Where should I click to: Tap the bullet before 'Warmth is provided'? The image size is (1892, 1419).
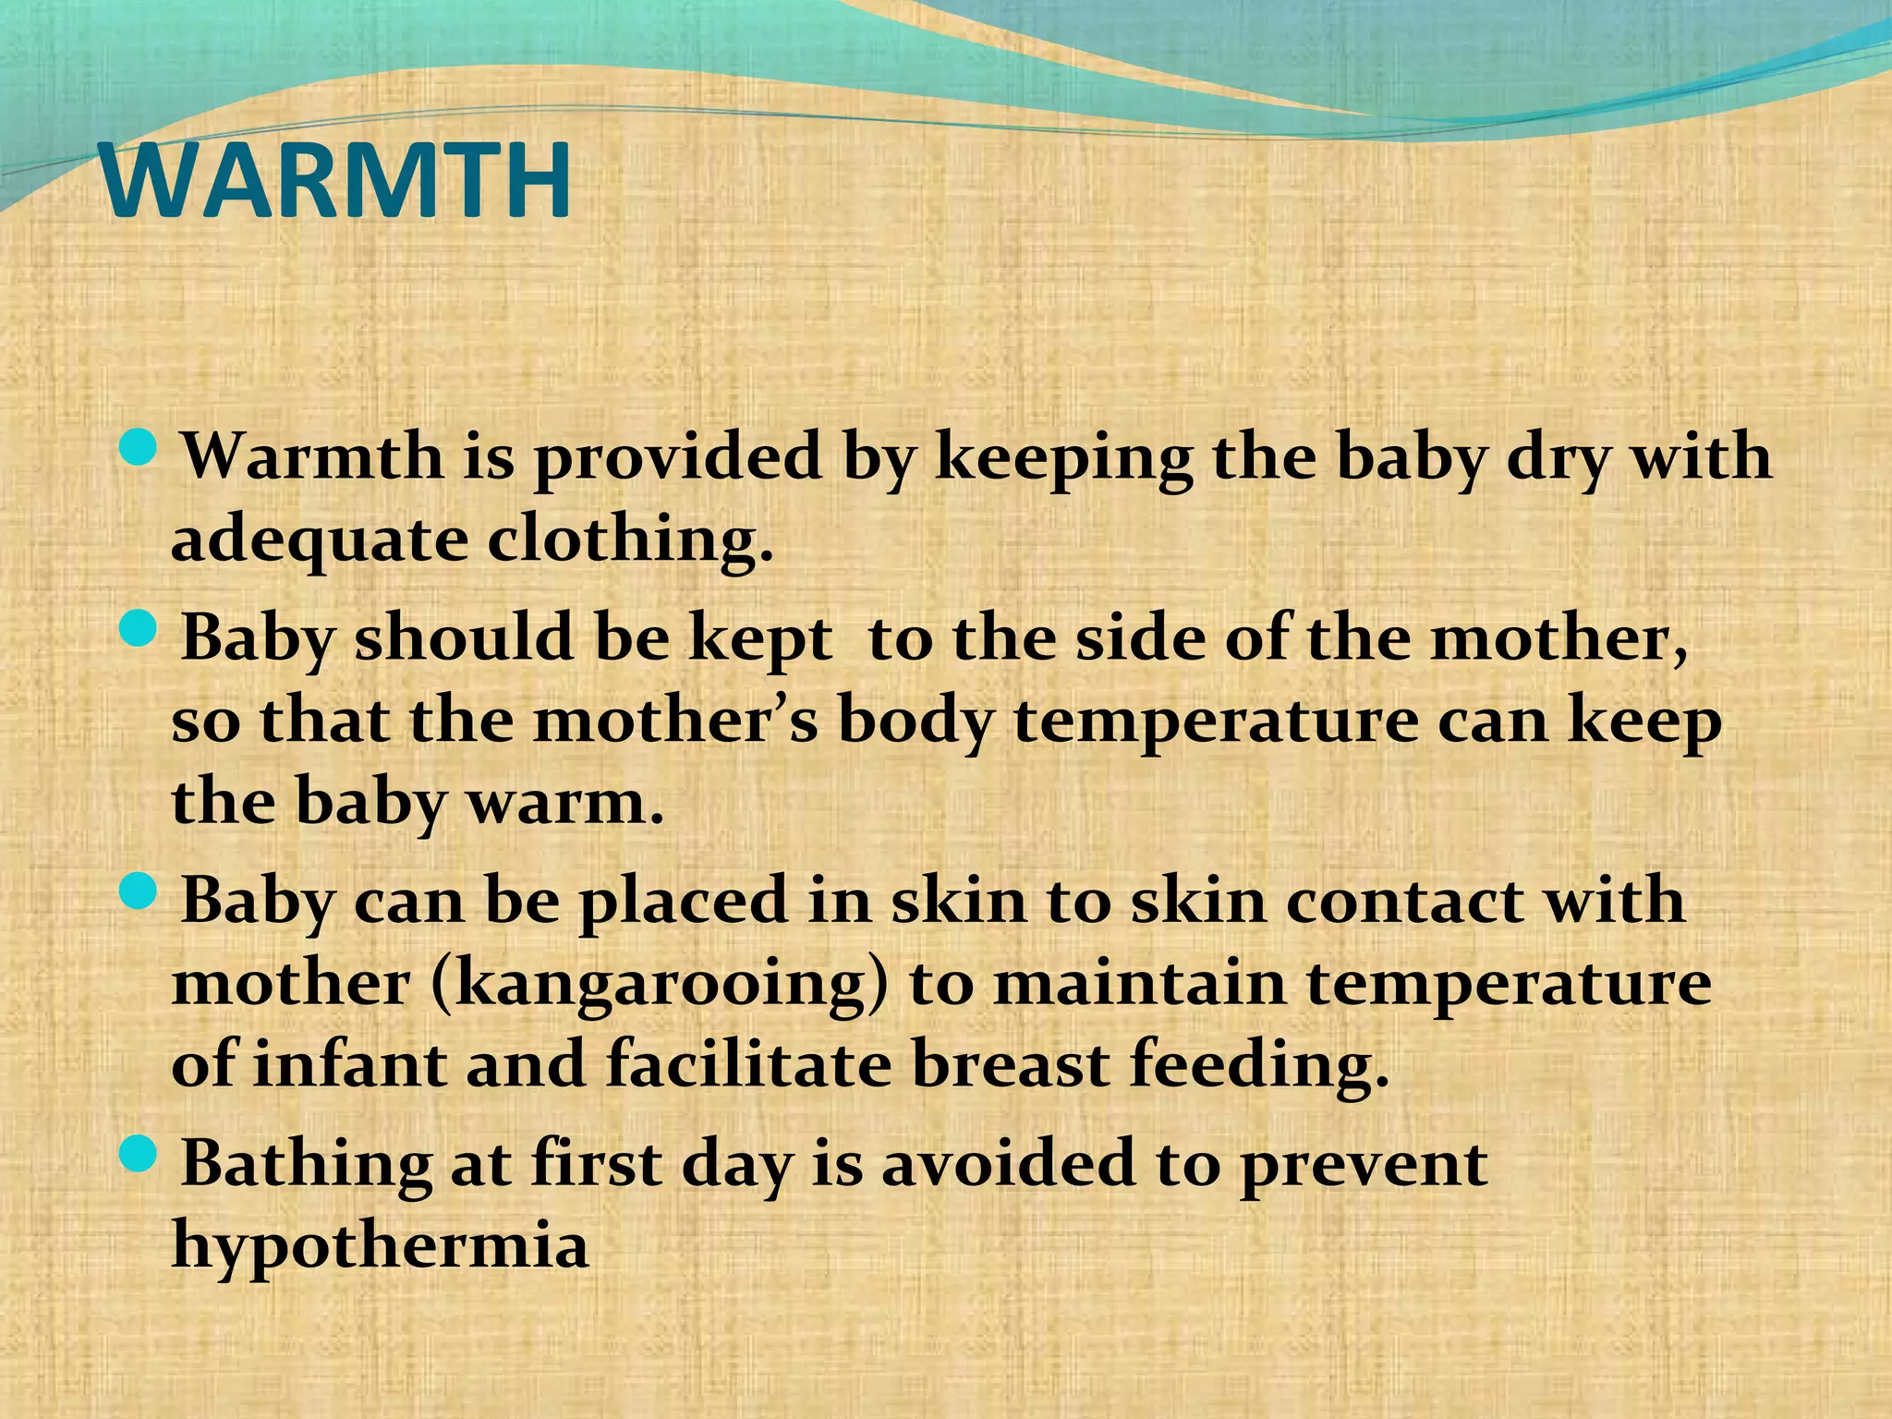(x=140, y=450)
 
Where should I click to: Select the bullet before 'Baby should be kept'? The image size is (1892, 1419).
(x=140, y=632)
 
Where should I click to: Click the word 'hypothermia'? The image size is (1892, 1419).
(x=380, y=1245)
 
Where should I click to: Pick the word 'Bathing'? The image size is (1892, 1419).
(x=306, y=1163)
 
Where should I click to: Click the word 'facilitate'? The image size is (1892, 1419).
(x=748, y=1064)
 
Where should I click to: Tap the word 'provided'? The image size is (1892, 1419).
(x=678, y=459)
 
